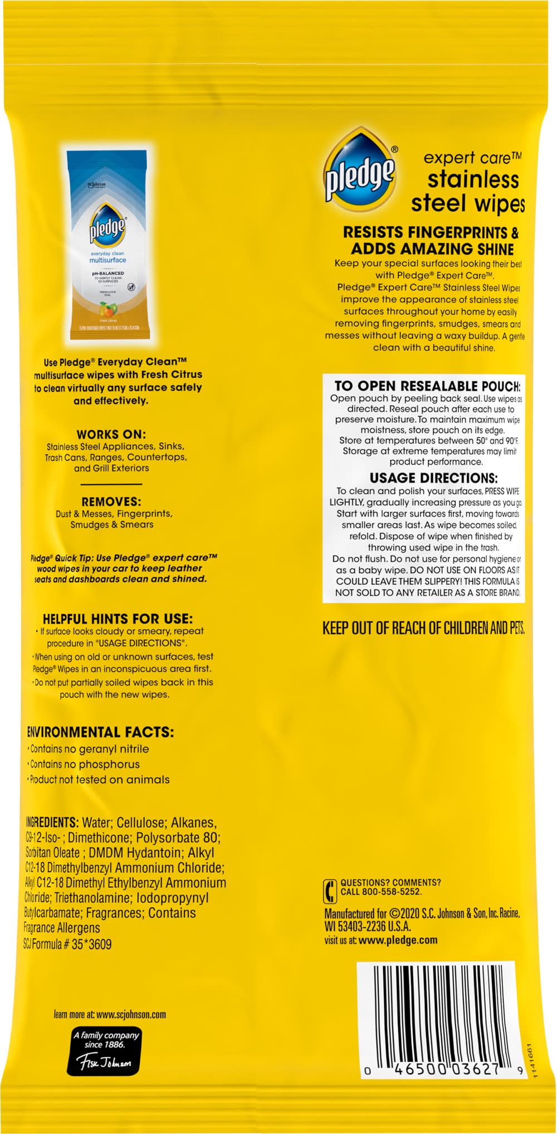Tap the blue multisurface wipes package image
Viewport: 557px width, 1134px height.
108,244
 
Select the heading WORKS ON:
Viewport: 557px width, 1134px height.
111,434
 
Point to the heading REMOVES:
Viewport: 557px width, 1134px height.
111,502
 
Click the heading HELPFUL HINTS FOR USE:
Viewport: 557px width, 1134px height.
118,619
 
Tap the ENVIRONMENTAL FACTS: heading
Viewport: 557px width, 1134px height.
100,732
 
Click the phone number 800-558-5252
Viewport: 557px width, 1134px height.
393,892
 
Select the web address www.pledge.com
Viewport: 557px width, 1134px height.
398,940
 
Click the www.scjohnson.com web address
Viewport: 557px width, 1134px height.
131,1014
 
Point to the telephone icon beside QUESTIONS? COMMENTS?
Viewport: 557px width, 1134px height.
330,890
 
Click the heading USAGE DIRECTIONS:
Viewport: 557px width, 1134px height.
434,478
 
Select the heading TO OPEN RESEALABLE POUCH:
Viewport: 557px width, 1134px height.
427,386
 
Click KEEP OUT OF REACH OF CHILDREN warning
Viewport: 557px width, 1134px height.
423,628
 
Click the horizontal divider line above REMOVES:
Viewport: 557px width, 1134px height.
111,484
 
